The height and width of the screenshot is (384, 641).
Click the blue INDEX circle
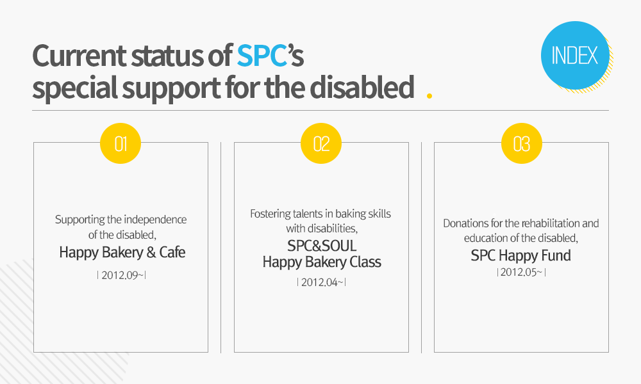574,56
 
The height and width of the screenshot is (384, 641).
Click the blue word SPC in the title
261,56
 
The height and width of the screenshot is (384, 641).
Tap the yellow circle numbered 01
121,143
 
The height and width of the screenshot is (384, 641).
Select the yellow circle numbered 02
321,143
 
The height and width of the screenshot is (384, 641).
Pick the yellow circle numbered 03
521,143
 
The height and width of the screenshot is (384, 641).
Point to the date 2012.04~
321,282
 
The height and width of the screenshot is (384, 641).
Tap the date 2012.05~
521,272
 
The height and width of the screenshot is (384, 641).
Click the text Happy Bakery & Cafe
122,252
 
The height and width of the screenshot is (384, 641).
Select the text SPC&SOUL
322,246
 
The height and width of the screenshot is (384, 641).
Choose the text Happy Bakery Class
322,262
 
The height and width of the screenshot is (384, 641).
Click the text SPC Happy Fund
521,255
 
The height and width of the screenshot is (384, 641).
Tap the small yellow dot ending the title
429,96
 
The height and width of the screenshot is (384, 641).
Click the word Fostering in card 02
271,213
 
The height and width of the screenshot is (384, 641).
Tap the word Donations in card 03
465,223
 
